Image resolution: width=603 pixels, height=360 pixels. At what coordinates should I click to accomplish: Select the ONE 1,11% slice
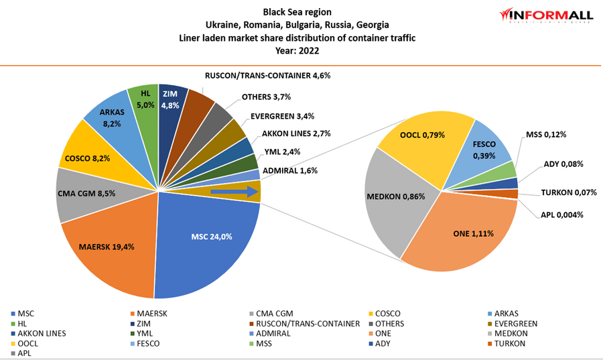pos(462,235)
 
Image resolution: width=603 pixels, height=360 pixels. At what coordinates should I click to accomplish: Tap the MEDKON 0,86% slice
pos(395,198)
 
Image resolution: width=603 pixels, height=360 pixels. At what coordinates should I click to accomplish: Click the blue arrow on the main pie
pos(235,192)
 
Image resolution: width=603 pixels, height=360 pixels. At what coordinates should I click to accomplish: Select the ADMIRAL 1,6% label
pos(289,170)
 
